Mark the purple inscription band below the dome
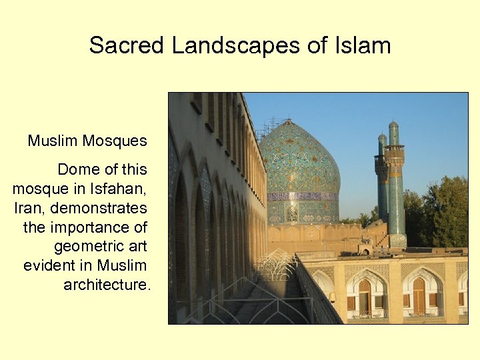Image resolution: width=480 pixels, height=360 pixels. point(303,197)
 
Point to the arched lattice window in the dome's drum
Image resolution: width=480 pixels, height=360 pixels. point(292,213)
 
